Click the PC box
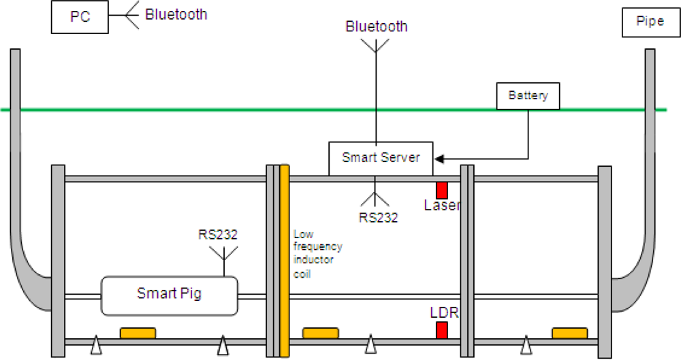tap(80, 17)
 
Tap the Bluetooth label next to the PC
tap(176, 14)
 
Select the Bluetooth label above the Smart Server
tap(377, 27)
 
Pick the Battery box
tap(528, 96)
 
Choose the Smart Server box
tap(381, 158)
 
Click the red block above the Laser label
tap(442, 190)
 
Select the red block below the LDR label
tap(442, 331)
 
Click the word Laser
tap(442, 205)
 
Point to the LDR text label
tap(444, 314)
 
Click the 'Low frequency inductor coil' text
tap(317, 253)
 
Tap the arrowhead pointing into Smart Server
tap(439, 159)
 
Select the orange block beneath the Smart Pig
tap(138, 333)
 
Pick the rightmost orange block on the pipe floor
tap(569, 333)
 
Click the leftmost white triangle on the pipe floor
tap(97, 346)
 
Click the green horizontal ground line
tap(204, 110)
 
